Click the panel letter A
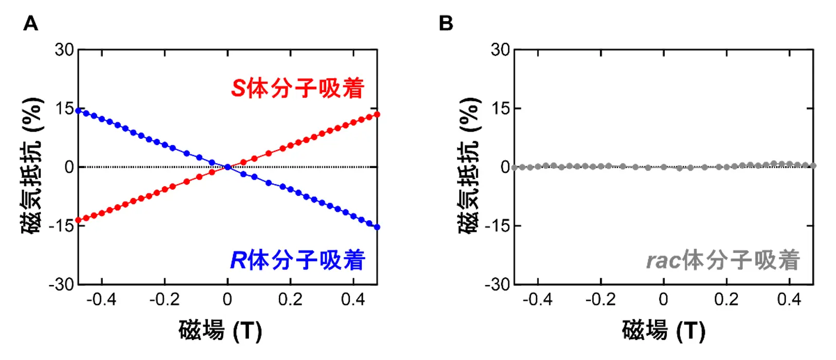pyautogui.click(x=31, y=24)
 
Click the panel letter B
pyautogui.click(x=446, y=24)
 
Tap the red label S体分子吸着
pyautogui.click(x=297, y=88)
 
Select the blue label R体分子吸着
pyautogui.click(x=297, y=260)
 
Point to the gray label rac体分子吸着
pyautogui.click(x=723, y=260)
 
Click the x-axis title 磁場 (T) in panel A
pyautogui.click(x=220, y=330)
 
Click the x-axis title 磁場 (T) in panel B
pyautogui.click(x=663, y=330)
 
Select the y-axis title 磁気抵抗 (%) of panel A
pyautogui.click(x=32, y=166)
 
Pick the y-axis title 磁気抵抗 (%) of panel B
pyautogui.click(x=469, y=166)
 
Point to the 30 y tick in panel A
pyautogui.click(x=65, y=50)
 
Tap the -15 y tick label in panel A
pyautogui.click(x=61, y=225)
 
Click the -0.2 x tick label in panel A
pyautogui.click(x=164, y=299)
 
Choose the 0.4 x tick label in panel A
pyautogui.click(x=353, y=299)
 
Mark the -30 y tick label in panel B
pyautogui.click(x=497, y=284)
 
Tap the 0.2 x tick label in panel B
pyautogui.click(x=726, y=299)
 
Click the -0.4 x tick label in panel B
pyautogui.click(x=537, y=299)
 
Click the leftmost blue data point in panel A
pyautogui.click(x=78, y=111)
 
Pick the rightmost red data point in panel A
pyautogui.click(x=377, y=114)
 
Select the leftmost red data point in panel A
pyautogui.click(x=78, y=220)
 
